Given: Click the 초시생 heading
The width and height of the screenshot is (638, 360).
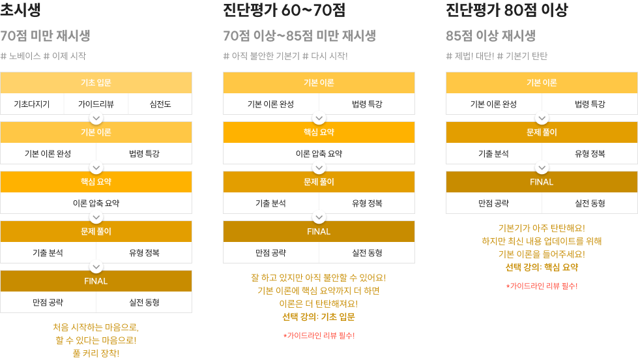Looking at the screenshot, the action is point(20,9).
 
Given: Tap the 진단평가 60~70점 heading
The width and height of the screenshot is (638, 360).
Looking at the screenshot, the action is point(284,10).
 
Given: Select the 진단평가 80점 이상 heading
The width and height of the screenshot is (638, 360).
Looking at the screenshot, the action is point(506,10).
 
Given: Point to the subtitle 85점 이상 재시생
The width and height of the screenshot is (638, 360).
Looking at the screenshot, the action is point(491,36).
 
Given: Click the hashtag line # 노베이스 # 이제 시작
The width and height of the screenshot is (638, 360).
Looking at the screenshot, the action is point(43,56).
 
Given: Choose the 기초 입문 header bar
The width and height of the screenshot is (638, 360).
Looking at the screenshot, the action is point(96,83).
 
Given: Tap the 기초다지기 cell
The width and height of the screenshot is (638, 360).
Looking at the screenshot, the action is point(32,104).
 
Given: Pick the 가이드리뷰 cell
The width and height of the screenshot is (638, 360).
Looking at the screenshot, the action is point(96,104).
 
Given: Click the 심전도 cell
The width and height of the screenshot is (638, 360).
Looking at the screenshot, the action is point(160,104).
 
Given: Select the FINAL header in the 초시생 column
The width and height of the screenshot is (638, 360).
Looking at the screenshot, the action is point(96,281).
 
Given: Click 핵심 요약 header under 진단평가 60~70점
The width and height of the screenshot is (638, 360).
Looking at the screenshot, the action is point(319,132).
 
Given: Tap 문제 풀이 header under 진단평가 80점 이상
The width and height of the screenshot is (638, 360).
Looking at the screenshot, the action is point(542,132).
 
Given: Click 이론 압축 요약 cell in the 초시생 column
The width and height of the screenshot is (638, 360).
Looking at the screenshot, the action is point(96,203).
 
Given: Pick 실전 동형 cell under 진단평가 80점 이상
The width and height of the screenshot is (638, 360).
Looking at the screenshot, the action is point(590,203).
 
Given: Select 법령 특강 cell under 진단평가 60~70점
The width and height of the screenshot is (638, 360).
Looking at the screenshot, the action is point(367,104).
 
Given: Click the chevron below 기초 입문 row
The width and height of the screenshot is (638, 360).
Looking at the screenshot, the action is point(96,119).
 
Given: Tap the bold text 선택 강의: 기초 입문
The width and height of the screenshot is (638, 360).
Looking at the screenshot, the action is point(319,317).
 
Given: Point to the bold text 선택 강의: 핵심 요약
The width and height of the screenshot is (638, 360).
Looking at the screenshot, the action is point(542,267).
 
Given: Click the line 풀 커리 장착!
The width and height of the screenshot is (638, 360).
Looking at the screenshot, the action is point(96,353).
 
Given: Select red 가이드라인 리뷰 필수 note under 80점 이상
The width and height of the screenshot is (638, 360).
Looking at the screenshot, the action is point(542,286).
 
